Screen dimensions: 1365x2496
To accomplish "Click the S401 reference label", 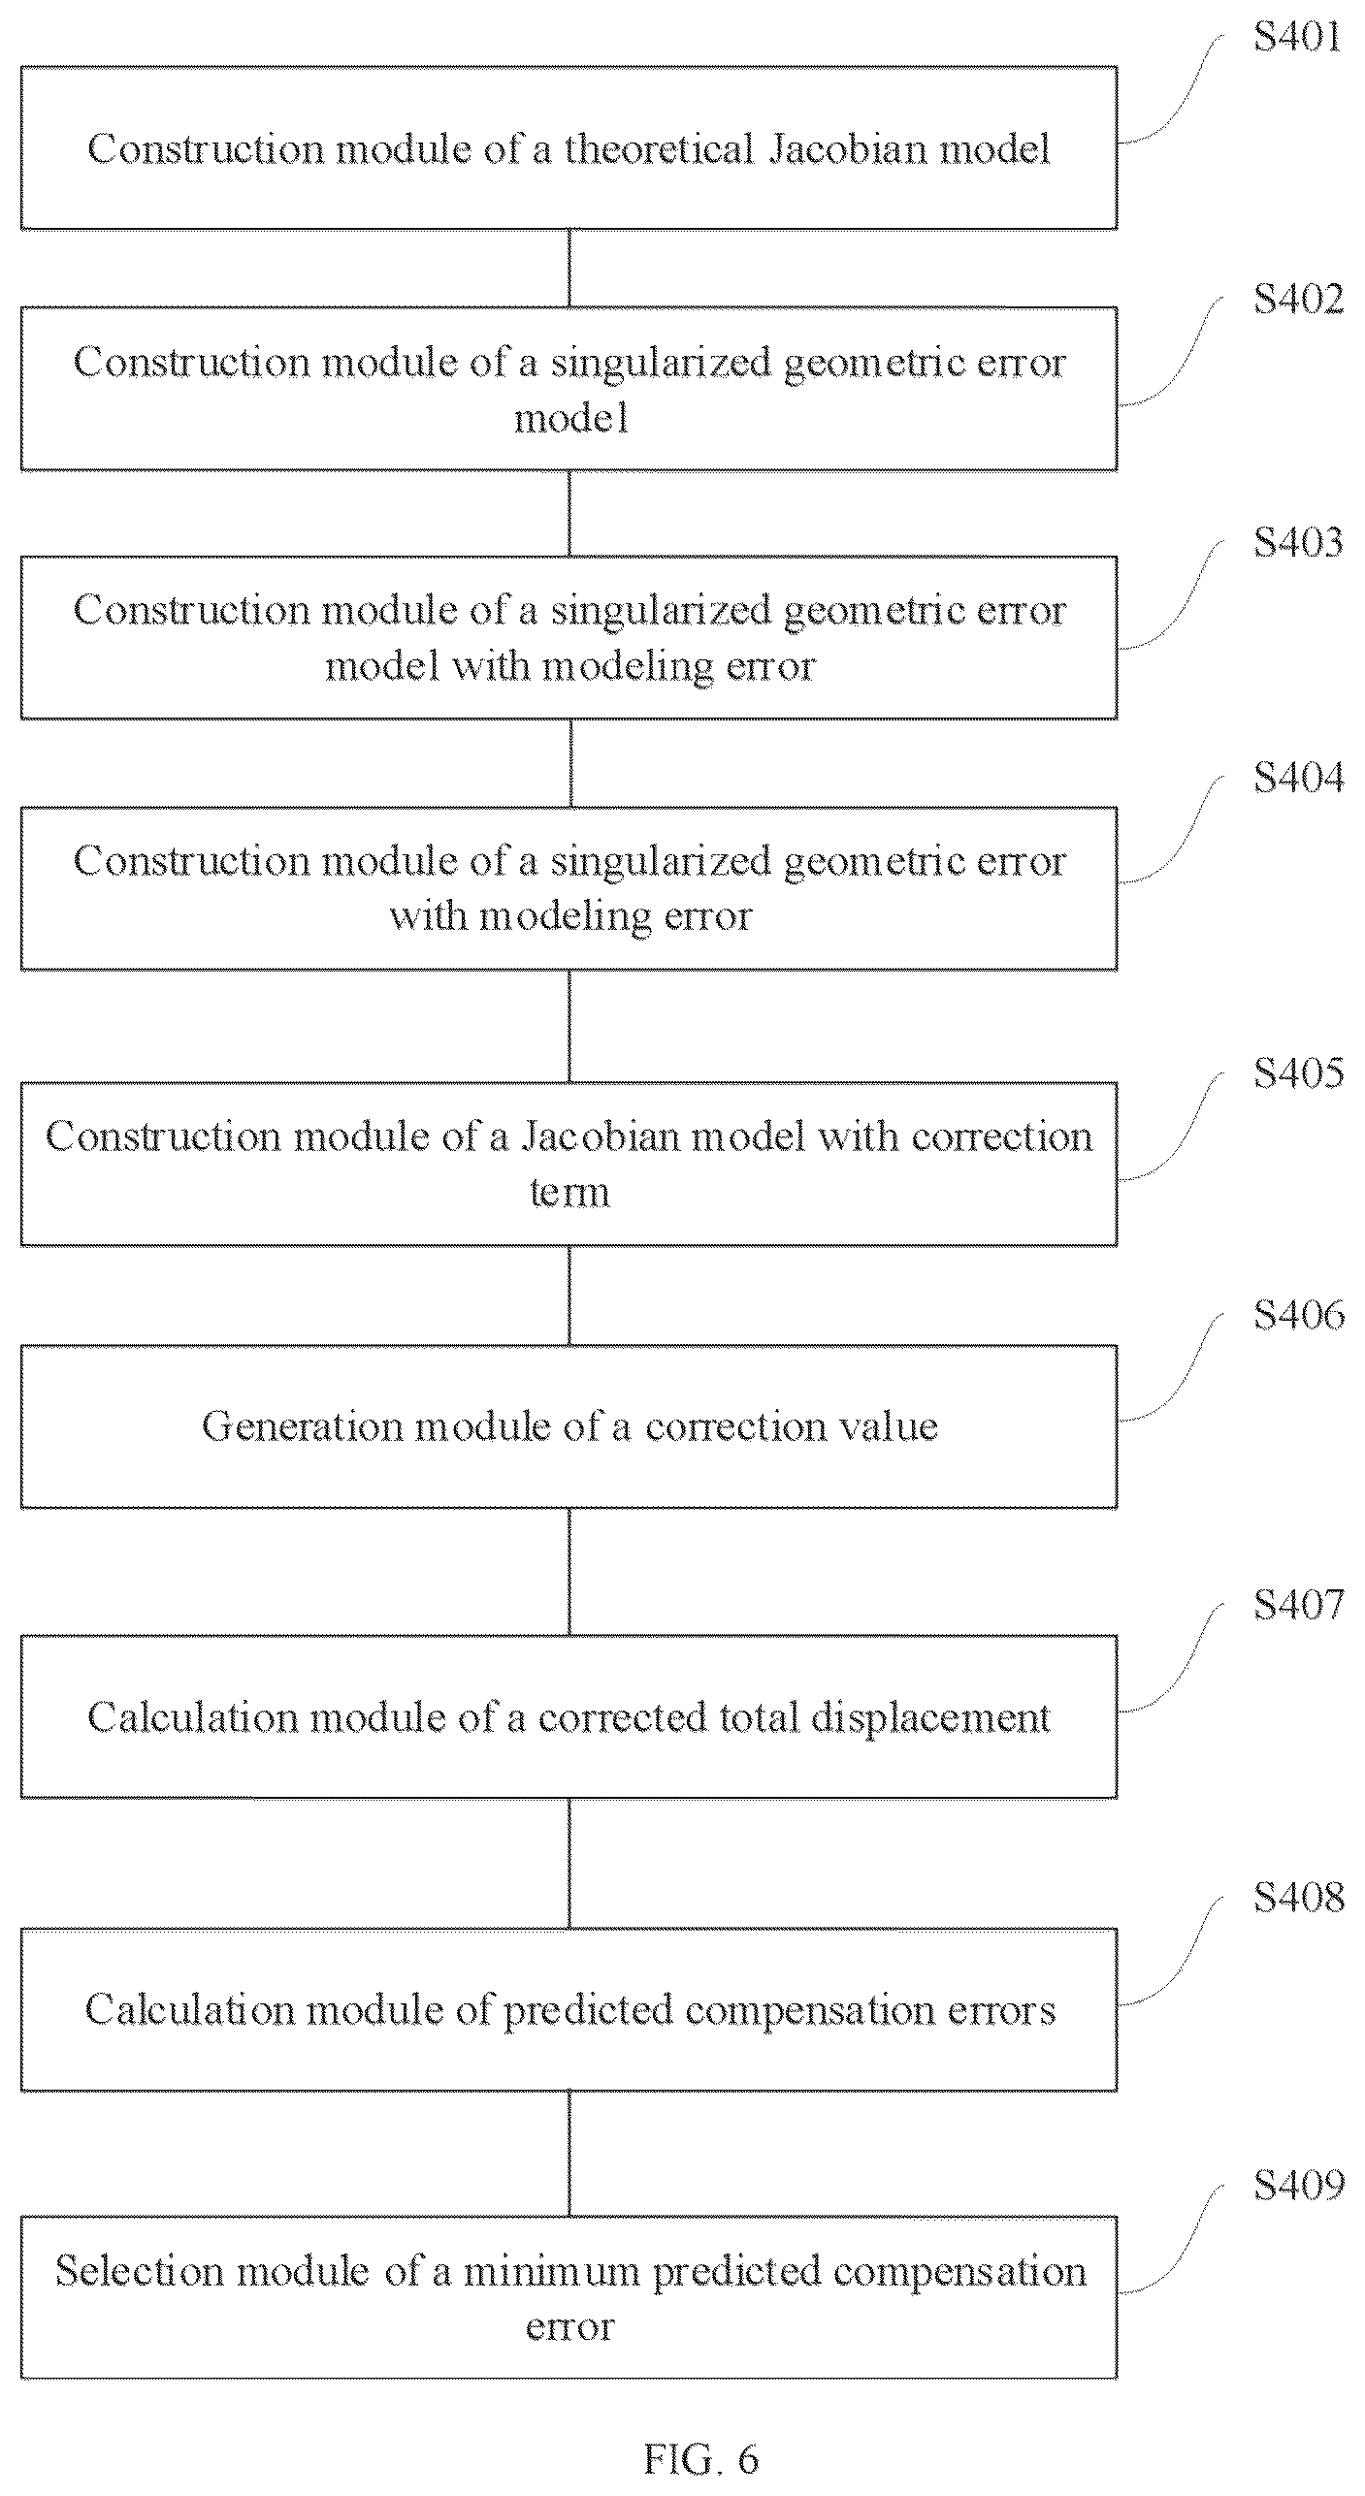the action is click(1298, 37).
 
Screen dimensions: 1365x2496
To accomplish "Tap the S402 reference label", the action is click(1298, 299).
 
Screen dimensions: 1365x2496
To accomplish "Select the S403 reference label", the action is click(1298, 541).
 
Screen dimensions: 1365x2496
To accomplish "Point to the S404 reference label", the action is click(1298, 778).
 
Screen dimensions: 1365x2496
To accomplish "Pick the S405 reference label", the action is click(1298, 1072).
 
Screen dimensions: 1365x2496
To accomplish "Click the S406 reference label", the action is click(1298, 1315).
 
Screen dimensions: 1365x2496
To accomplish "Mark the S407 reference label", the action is click(1298, 1604).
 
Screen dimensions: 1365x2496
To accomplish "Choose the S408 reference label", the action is click(1298, 1897).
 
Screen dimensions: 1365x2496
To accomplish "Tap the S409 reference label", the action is click(1298, 2186).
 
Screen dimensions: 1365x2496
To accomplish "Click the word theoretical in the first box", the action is click(660, 148).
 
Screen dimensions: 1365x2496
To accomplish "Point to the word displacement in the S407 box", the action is click(930, 1717).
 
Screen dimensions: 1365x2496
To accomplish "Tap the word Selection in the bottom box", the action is click(140, 2272).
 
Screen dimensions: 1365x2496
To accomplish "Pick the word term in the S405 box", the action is click(569, 1192).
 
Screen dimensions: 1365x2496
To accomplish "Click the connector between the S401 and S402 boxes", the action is click(569, 269).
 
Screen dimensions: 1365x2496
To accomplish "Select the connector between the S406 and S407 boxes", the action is click(569, 1572).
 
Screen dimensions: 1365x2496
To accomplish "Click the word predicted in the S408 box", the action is click(588, 2010).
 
